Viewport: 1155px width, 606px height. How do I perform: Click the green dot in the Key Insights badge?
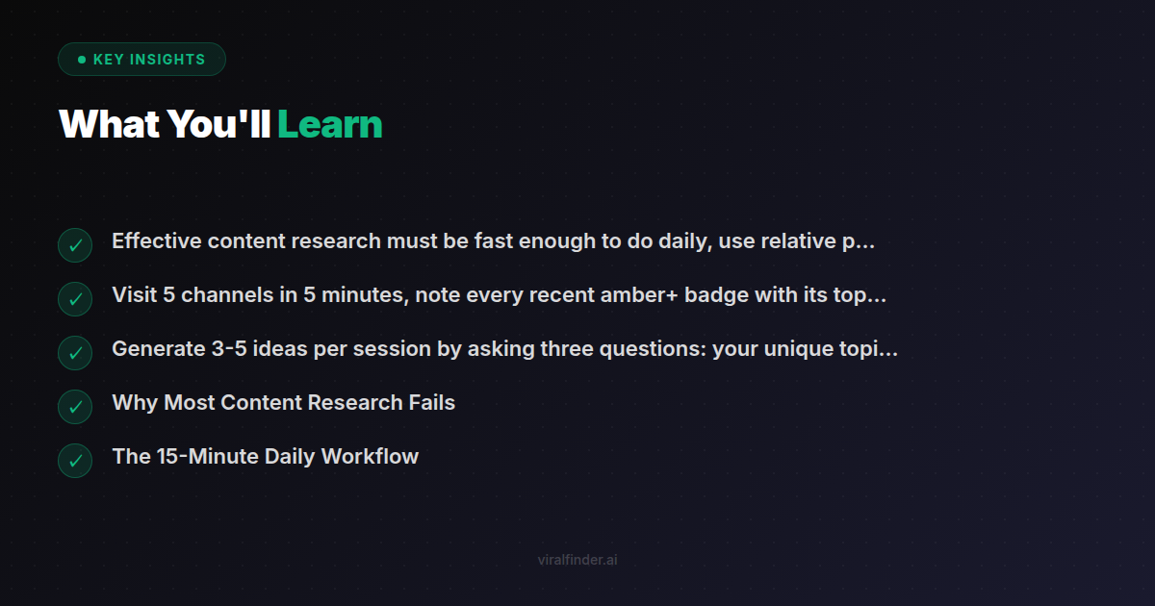click(82, 60)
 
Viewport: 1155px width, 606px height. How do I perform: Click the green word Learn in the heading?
click(330, 125)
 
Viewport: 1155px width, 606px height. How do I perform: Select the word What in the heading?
click(107, 125)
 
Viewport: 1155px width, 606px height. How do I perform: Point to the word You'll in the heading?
click(218, 125)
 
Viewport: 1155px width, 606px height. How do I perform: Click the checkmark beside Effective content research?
click(75, 245)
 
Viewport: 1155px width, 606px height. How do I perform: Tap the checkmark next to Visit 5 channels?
click(75, 299)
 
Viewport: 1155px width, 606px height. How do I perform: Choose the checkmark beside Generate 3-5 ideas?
click(75, 353)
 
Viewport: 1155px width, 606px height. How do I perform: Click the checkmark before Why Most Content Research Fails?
click(75, 407)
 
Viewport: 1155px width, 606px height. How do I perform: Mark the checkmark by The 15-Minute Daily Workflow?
click(75, 461)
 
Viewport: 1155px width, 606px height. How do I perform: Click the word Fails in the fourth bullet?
click(430, 403)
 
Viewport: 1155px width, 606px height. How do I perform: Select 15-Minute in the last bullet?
click(205, 457)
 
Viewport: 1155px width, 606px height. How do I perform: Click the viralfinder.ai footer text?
click(577, 560)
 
